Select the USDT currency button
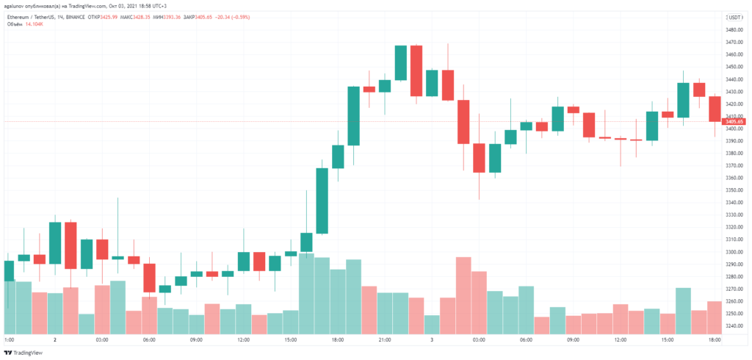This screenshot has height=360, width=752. point(734,16)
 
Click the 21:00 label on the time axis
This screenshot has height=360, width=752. point(383,340)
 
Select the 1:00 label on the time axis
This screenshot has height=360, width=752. point(10,340)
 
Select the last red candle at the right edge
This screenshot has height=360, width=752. point(715,109)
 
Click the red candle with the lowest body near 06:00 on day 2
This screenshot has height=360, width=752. point(149,278)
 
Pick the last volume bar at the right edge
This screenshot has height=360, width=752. point(715,317)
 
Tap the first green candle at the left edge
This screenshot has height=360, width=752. point(9,270)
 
